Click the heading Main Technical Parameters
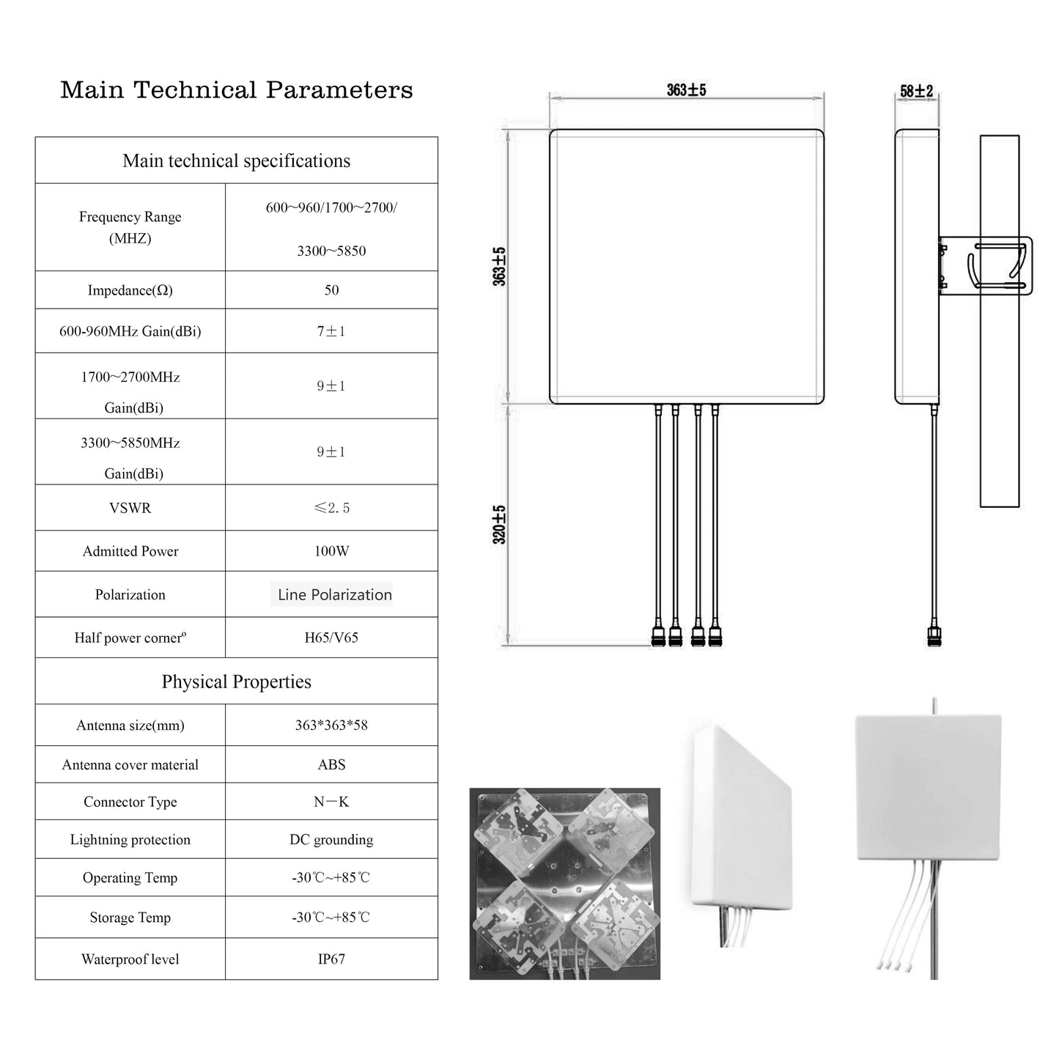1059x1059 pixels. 236,90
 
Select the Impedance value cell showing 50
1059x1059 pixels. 331,290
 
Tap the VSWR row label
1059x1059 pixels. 130,508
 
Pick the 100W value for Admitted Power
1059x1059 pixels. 331,551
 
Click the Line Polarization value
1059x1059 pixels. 334,594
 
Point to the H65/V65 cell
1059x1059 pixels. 331,638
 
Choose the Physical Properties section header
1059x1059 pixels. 236,682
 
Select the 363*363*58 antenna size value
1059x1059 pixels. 331,726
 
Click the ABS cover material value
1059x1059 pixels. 331,764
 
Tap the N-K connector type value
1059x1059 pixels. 331,802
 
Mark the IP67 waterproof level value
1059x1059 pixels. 331,959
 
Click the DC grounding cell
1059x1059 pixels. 331,840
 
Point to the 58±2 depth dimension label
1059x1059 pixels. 916,92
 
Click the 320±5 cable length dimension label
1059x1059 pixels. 500,524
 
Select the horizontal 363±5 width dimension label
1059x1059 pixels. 686,90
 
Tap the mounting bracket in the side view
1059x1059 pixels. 986,265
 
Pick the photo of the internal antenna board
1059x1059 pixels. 564,884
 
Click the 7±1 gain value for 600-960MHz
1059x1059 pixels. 331,331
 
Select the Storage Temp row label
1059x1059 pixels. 130,918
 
